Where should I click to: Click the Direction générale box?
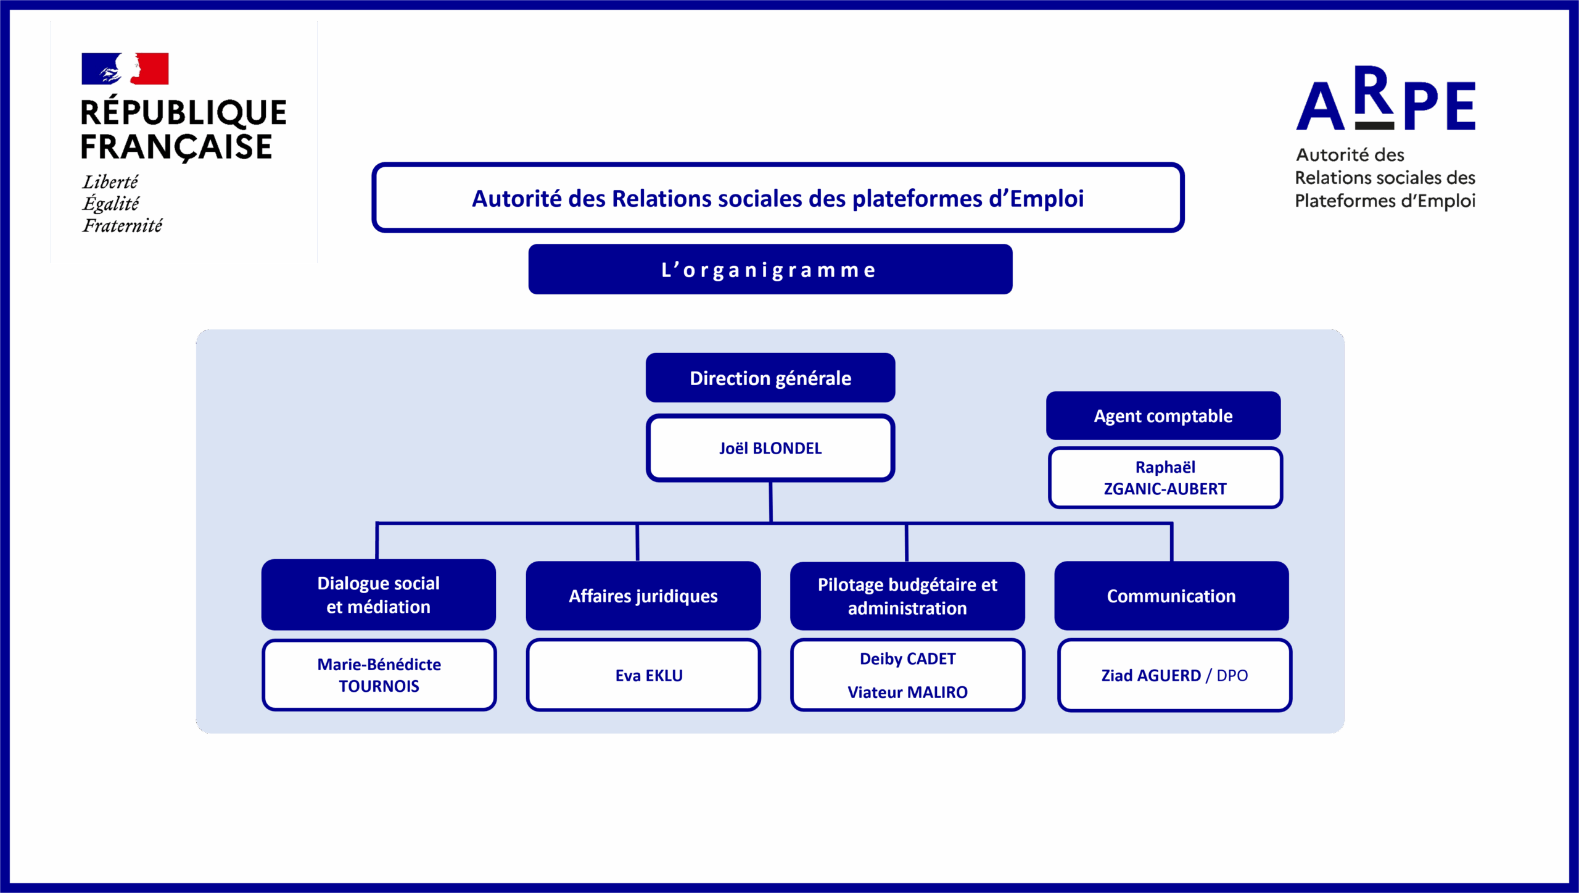770,378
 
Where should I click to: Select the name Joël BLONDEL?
770,448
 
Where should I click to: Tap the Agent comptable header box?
1163,415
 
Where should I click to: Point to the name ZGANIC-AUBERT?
1165,489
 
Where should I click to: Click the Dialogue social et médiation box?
379,595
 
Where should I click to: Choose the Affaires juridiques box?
643,596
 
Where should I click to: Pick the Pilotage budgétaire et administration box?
907,596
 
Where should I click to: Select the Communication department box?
1171,596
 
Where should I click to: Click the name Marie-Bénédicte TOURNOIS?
379,675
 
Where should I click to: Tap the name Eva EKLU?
649,676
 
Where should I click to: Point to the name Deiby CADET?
908,658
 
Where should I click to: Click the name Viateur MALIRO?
908,692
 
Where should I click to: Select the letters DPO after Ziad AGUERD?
1232,676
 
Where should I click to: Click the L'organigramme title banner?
770,269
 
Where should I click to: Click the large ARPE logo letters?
1386,99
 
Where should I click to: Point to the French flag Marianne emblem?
125,69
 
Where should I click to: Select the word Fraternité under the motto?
123,226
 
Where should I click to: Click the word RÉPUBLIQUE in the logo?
184,112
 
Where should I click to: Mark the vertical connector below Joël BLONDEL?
771,502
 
